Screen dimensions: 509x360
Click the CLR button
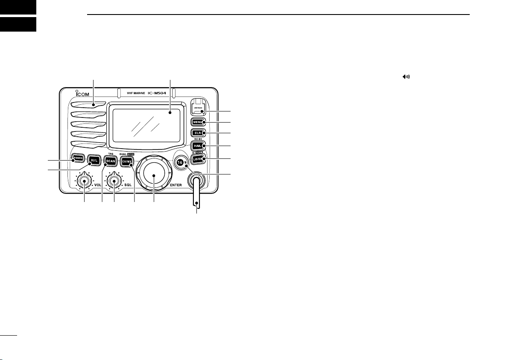tap(199, 133)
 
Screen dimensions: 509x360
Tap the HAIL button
tap(199, 146)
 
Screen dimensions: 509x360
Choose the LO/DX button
tap(199, 159)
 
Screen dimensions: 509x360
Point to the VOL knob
tap(85, 181)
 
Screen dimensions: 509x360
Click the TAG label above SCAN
tap(110, 153)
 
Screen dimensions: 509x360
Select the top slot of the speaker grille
tap(88, 105)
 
